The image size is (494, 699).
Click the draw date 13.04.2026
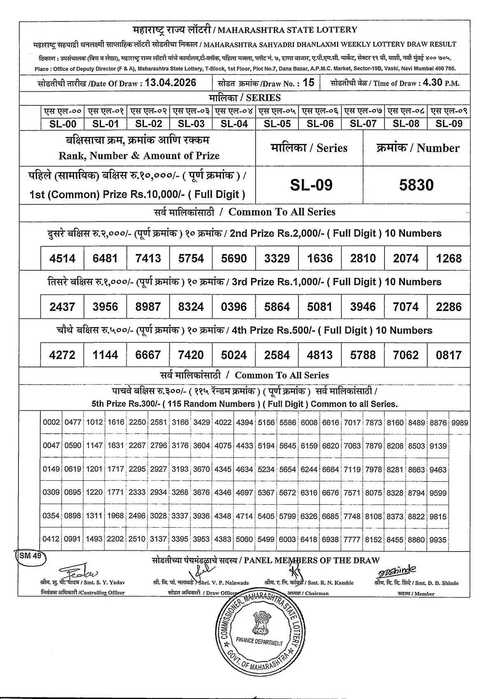171,83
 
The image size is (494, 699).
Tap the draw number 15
308,83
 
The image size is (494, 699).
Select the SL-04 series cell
234,124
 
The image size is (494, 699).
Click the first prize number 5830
416,185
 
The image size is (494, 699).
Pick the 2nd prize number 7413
148,258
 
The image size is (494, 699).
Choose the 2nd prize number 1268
449,258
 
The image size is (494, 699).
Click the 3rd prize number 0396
234,307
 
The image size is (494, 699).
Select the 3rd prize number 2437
62,307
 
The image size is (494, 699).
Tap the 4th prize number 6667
148,355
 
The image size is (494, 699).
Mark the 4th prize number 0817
449,355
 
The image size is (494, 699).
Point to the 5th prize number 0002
51,423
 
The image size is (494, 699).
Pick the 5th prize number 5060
245,540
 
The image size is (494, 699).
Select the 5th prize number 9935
438,540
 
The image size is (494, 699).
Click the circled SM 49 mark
31,556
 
